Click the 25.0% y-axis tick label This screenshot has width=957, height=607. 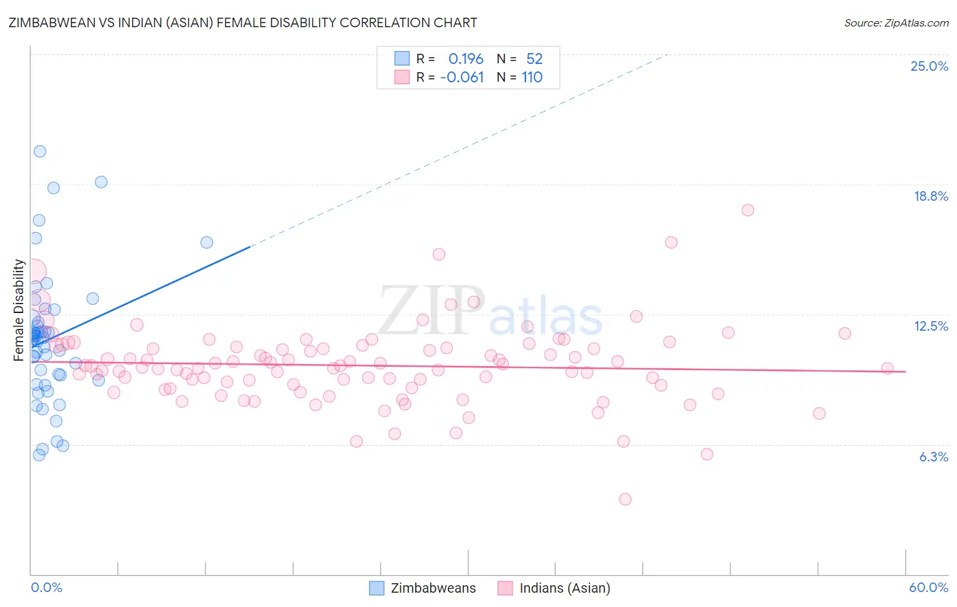[929, 66]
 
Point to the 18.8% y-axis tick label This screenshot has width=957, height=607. [930, 196]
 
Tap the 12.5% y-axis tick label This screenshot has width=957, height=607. [930, 326]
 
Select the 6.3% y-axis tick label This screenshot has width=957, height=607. [933, 457]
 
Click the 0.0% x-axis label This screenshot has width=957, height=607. [46, 587]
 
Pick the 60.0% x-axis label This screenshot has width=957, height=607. [928, 587]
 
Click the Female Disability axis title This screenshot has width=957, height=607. [19, 310]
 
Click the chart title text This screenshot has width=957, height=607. [243, 22]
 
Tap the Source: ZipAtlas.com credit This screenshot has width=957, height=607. [896, 22]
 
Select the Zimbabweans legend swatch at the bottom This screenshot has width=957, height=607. [376, 588]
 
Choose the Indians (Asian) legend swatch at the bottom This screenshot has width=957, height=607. [505, 588]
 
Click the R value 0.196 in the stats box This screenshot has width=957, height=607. [466, 59]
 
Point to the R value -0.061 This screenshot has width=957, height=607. [461, 77]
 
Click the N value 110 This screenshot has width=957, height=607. [532, 77]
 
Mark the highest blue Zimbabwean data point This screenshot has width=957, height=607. [40, 152]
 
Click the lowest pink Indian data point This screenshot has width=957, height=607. [625, 499]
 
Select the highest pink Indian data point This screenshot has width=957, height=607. [747, 210]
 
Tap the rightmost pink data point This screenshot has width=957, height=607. [887, 368]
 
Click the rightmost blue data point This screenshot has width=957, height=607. [207, 242]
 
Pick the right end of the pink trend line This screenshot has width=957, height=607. [906, 372]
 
